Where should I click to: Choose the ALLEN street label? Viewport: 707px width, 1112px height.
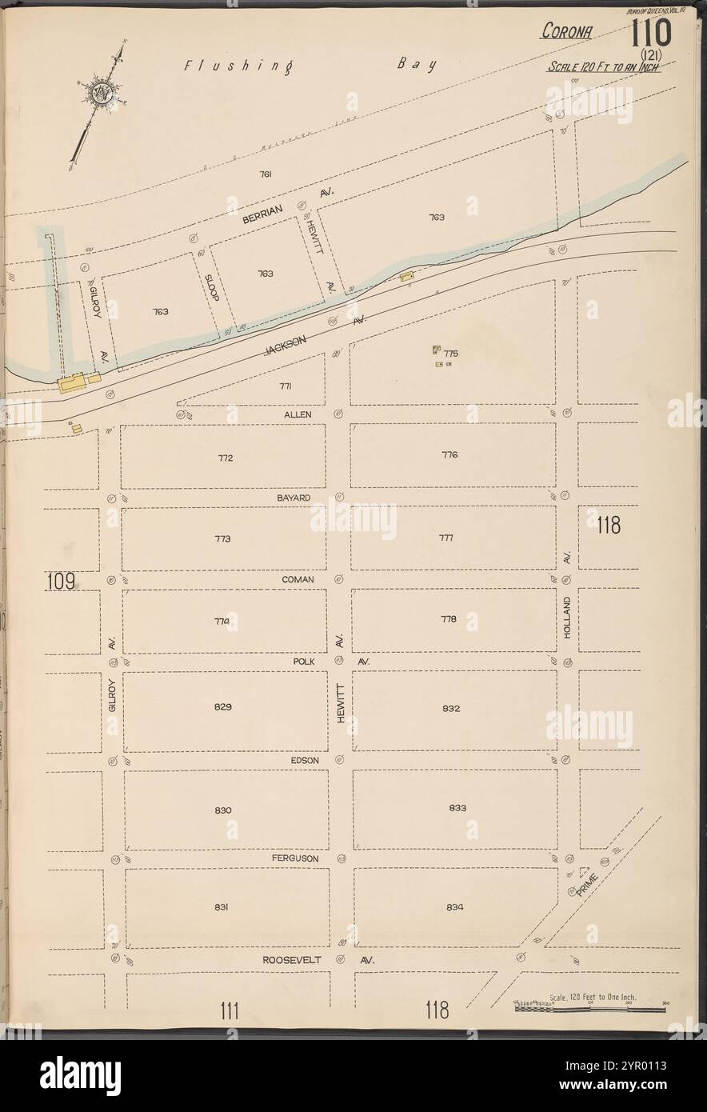(x=296, y=415)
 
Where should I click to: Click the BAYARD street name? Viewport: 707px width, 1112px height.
(x=294, y=498)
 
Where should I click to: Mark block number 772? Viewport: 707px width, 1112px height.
(x=224, y=458)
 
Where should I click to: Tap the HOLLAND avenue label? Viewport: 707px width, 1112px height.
(x=567, y=616)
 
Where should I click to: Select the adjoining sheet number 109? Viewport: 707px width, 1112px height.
(x=60, y=582)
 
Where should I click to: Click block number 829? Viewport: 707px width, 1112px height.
(x=223, y=706)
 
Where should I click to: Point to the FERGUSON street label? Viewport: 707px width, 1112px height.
(x=294, y=858)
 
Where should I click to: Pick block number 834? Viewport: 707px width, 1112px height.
(x=456, y=907)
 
